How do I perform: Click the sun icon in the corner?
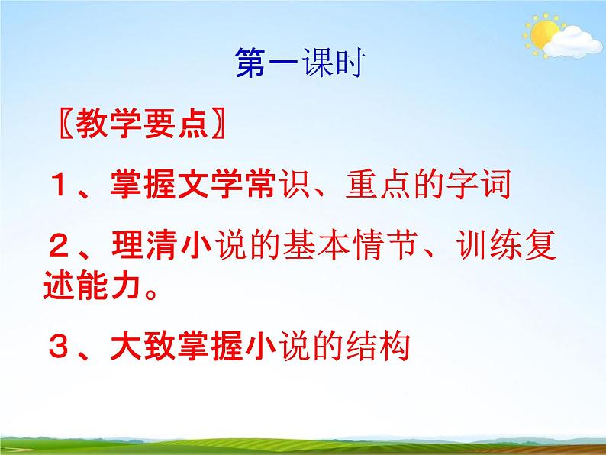pyautogui.click(x=543, y=34)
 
